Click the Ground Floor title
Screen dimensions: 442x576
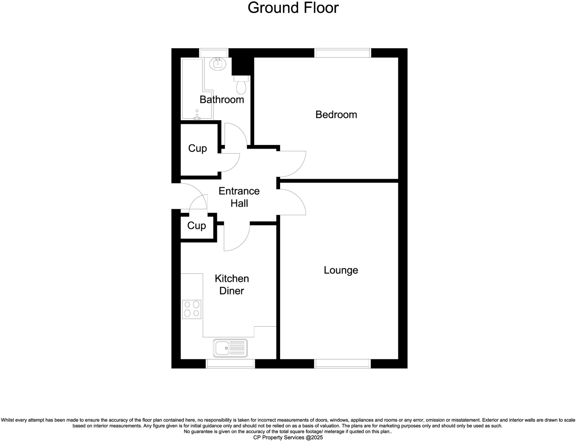[293, 8]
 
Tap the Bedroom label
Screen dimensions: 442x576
[336, 115]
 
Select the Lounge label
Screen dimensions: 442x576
[341, 270]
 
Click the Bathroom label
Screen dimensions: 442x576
[222, 100]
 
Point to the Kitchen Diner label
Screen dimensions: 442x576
[231, 285]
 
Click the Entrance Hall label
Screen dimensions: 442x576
[239, 197]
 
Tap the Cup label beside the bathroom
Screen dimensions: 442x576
[197, 148]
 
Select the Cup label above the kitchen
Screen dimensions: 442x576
[196, 226]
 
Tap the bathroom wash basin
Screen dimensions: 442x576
[218, 64]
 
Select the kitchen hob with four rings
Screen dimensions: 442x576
[192, 309]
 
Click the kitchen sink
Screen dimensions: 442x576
[230, 348]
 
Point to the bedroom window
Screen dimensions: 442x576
[342, 53]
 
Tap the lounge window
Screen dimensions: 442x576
[342, 364]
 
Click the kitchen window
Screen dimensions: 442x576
[231, 364]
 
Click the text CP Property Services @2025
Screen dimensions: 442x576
[288, 438]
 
